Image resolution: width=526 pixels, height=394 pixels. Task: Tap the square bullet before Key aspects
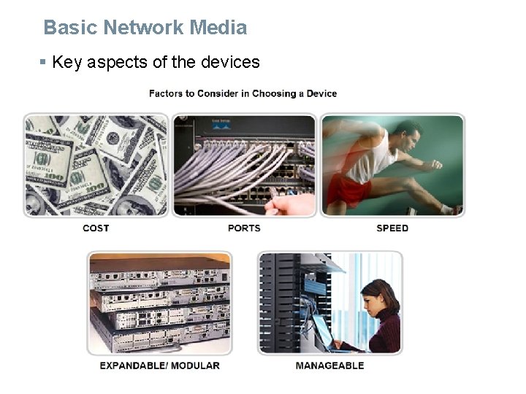tap(43, 62)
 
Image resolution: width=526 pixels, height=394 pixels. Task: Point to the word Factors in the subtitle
tap(167, 93)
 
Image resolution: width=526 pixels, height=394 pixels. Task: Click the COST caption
tap(96, 228)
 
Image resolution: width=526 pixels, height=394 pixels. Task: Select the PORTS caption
tap(244, 228)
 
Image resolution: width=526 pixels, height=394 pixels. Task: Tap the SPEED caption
tap(392, 228)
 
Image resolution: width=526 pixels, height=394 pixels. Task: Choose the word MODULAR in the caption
tap(196, 366)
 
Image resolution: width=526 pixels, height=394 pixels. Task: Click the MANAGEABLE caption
tap(329, 366)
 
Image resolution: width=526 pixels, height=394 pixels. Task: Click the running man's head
tap(408, 134)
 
